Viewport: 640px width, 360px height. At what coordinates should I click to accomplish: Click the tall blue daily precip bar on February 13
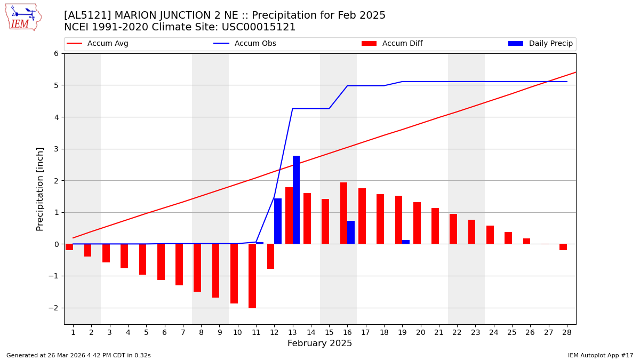pos(296,200)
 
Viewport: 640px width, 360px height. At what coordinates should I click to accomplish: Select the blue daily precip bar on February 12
pos(278,221)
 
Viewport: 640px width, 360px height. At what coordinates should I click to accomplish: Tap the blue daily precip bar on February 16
pos(351,233)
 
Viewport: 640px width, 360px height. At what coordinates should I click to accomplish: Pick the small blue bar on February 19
pos(406,242)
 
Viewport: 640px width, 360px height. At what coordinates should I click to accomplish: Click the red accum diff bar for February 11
pos(252,276)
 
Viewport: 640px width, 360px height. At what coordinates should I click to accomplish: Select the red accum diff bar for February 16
pos(343,213)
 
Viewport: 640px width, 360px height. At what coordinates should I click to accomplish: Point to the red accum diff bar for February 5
pos(142,259)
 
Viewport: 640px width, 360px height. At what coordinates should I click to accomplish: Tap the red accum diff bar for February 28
pos(563,247)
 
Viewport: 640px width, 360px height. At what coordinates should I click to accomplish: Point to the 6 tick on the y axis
pos(55,53)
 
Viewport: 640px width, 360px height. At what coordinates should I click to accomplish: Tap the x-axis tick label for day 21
pos(438,332)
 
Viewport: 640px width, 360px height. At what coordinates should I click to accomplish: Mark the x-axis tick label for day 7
pos(182,332)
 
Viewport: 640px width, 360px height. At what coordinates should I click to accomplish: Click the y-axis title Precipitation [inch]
pos(40,189)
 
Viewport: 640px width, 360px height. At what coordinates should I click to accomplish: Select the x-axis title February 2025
pos(319,343)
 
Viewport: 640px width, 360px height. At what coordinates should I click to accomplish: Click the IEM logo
pos(23,17)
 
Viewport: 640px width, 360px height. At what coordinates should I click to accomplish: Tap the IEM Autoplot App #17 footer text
pos(600,355)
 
